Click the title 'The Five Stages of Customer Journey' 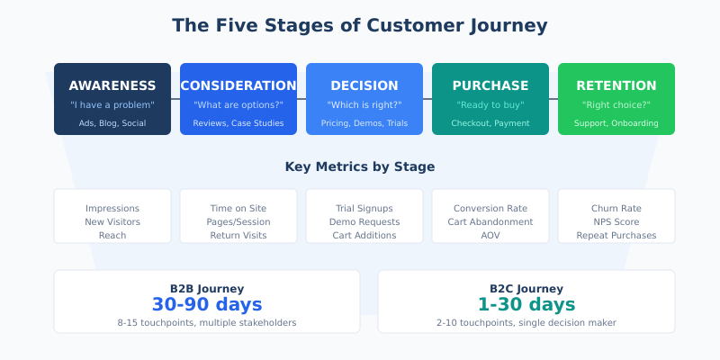360,25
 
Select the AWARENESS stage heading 112,85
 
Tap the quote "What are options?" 238,105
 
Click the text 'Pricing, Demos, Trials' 364,123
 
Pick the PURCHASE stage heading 490,85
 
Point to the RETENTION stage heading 616,85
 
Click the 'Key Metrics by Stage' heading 360,166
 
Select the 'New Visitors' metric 112,221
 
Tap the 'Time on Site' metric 238,208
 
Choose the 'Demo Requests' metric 364,221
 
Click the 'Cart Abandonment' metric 490,221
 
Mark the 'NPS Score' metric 616,221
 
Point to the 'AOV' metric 490,235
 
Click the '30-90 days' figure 207,304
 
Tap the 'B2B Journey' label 207,288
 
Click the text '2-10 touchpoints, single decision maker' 526,322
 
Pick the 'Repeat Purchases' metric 616,235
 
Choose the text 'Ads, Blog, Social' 112,123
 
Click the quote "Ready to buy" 490,105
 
